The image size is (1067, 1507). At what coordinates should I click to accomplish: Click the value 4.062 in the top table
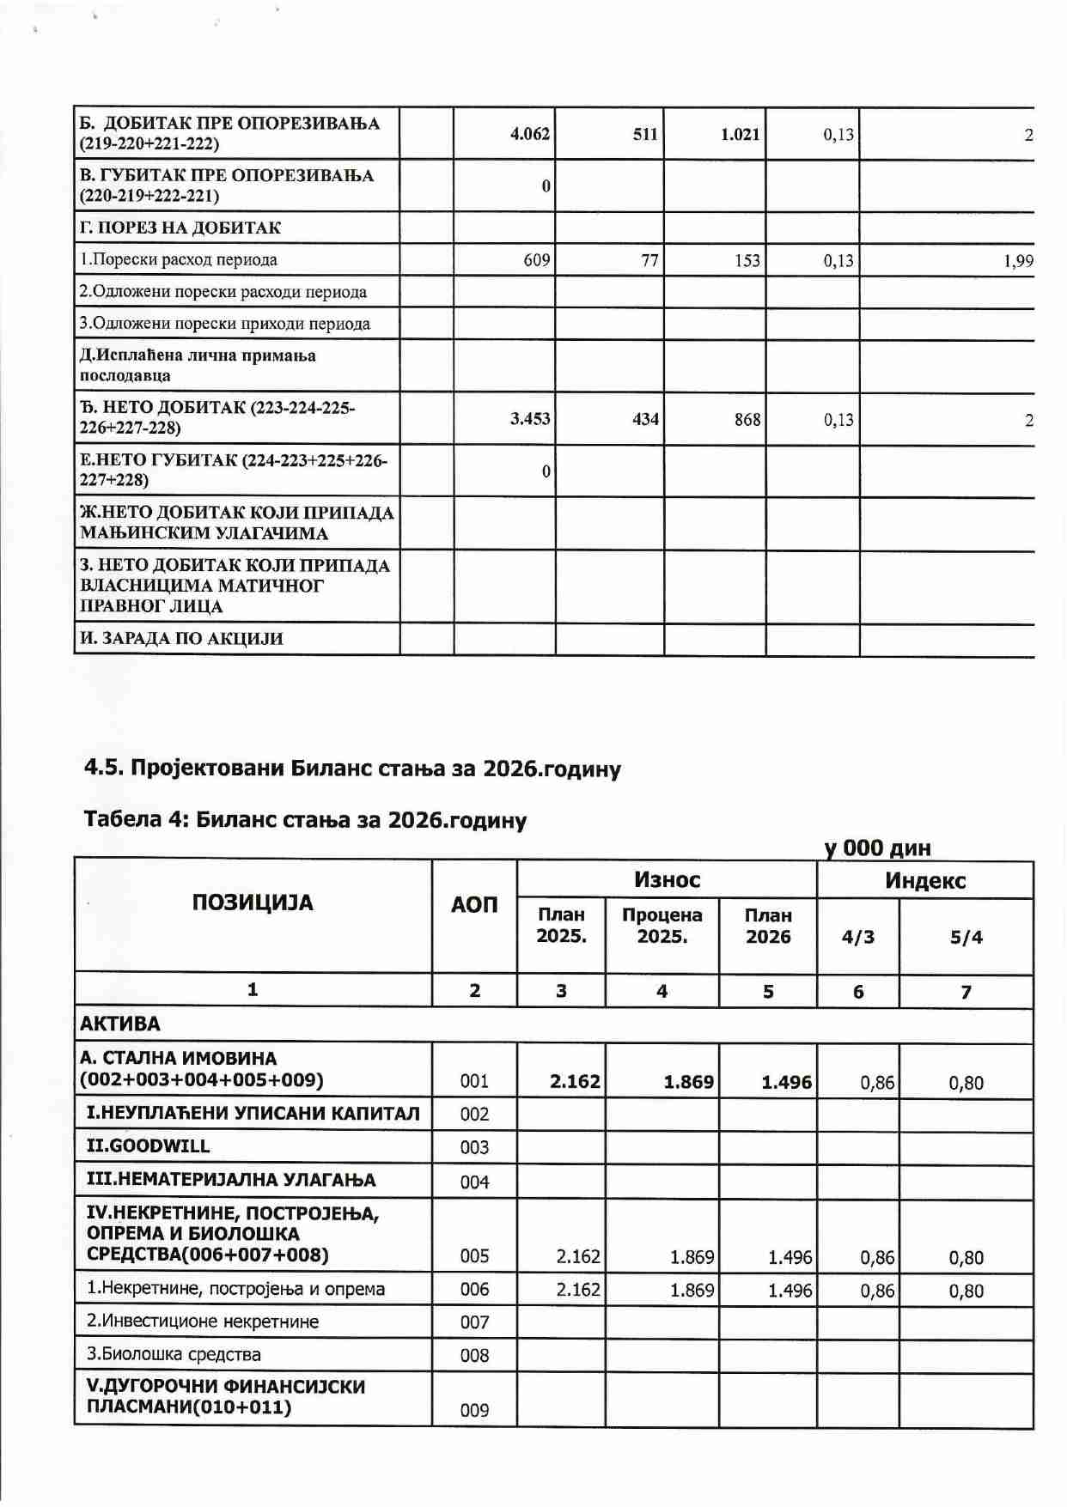point(529,134)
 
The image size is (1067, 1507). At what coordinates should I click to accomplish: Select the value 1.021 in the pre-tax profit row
point(740,135)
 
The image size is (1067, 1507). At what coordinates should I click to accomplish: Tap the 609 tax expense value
point(536,260)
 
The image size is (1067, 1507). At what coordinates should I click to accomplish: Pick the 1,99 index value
point(1018,261)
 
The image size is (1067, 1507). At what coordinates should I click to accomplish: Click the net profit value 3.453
point(529,419)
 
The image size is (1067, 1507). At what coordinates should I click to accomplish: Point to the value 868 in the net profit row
point(747,420)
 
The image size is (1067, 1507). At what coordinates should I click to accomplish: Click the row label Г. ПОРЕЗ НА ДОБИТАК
point(180,228)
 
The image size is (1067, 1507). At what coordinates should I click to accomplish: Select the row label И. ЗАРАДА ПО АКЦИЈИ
point(181,639)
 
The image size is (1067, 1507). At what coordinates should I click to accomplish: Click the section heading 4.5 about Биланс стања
point(352,768)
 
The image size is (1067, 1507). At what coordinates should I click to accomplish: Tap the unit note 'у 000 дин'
point(877,848)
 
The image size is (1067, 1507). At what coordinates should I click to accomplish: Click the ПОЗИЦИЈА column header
point(253,903)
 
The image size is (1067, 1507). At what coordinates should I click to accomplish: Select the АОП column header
point(474,905)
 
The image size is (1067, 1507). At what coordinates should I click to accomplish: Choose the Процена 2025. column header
point(662,926)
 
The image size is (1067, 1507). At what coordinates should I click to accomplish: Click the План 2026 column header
point(768,926)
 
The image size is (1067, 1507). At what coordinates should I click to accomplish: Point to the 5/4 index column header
point(966,938)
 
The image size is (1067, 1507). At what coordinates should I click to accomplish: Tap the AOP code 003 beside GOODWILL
point(474,1148)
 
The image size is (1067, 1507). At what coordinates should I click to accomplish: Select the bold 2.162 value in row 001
point(575,1082)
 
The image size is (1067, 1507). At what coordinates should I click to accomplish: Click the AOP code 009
point(474,1410)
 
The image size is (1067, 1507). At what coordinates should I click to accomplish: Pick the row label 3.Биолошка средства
point(174,1355)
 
